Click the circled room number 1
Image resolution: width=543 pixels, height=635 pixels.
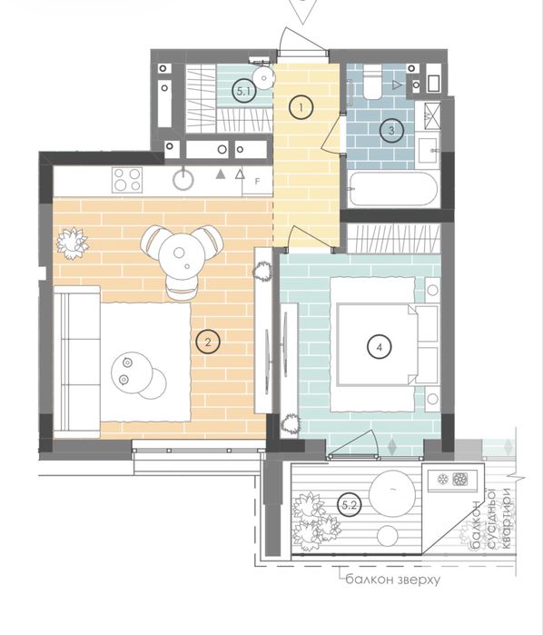tap(301, 107)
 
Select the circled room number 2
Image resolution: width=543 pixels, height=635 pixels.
tap(208, 342)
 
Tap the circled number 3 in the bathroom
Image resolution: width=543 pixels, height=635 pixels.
tap(391, 131)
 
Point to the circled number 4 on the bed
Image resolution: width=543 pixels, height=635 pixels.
tap(379, 347)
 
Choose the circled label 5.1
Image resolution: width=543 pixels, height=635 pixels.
tap(244, 91)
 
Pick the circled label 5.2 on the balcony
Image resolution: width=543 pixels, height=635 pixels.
tap(349, 505)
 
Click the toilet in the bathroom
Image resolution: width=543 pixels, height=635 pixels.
tap(372, 82)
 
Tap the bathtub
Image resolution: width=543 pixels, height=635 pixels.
tap(393, 189)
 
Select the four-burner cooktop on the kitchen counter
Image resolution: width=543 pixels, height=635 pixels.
tap(127, 179)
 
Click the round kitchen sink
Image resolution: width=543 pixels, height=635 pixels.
tap(183, 179)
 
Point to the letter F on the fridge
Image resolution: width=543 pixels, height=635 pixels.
tap(257, 182)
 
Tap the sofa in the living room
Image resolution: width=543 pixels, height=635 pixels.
tap(77, 362)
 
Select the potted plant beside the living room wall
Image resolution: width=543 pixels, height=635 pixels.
tap(72, 243)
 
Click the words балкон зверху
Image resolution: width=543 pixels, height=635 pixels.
tap(393, 580)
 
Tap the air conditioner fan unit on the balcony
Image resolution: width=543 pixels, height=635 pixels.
tap(460, 480)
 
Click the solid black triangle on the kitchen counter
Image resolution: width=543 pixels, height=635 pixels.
tap(221, 174)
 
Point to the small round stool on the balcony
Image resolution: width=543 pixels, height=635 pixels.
tap(388, 536)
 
